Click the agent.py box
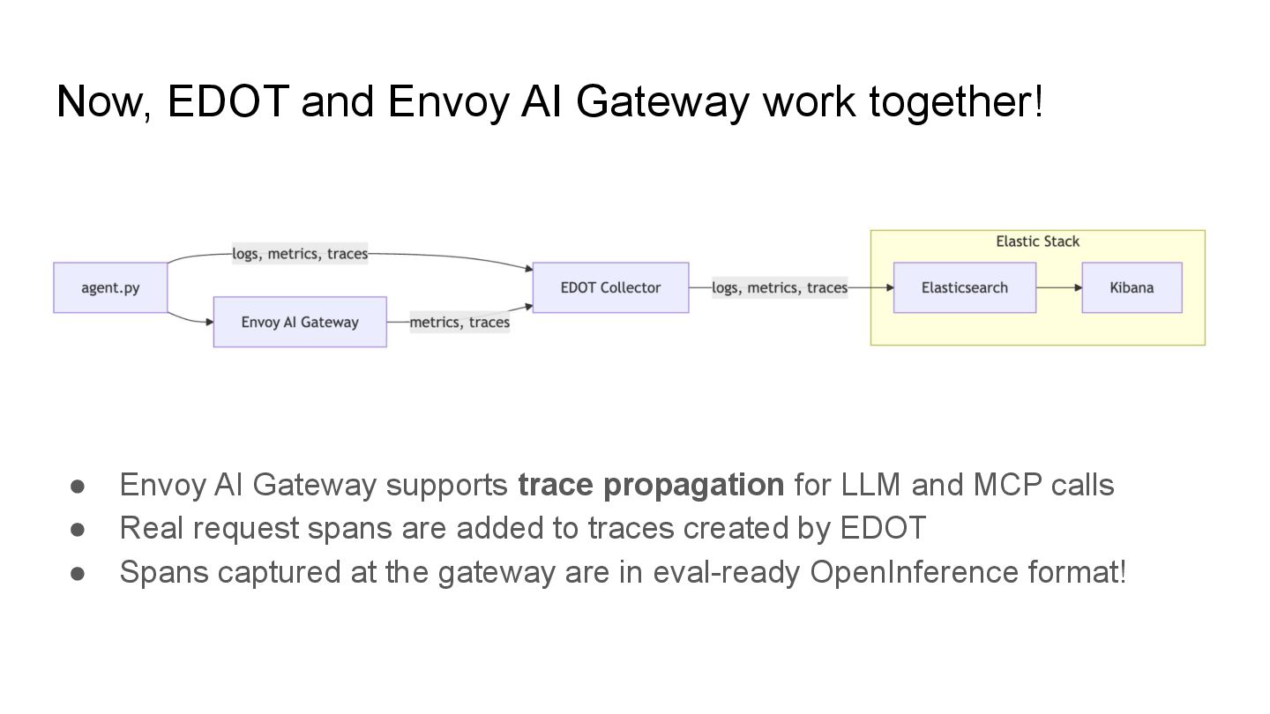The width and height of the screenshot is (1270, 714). (110, 287)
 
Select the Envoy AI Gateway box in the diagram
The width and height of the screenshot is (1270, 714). (300, 322)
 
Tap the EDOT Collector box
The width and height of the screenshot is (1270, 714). (610, 287)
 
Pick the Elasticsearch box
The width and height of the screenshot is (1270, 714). (964, 287)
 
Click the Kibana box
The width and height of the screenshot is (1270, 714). (1132, 287)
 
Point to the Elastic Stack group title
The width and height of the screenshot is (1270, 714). (1037, 242)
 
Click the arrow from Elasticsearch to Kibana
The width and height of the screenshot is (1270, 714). (1058, 287)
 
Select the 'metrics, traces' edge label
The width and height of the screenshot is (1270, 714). (459, 322)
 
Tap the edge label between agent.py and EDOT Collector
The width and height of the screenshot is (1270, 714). (300, 254)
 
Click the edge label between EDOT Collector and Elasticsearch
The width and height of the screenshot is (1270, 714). (780, 287)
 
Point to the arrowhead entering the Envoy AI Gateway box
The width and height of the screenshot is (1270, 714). (209, 322)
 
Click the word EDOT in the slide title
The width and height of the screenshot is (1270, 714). (228, 101)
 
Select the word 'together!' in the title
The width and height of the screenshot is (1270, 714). (956, 101)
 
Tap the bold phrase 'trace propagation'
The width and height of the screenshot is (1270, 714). (650, 485)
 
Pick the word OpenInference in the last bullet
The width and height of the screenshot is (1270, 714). (914, 572)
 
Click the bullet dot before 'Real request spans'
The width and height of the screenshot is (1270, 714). (78, 529)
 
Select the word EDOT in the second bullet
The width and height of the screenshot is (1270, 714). (883, 529)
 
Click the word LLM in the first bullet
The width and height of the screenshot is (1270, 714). (871, 485)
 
